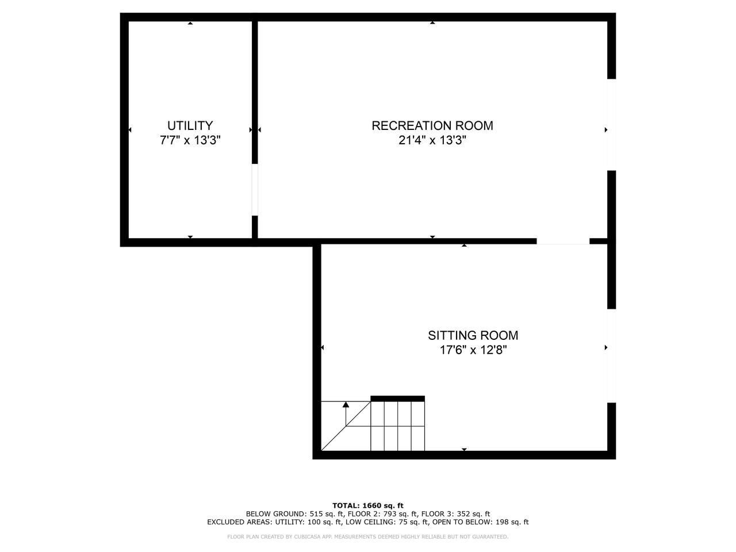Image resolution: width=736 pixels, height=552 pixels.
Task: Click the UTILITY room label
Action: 190,126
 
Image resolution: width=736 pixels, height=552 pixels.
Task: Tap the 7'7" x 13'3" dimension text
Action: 190,140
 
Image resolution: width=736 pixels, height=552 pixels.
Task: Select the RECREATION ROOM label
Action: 432,126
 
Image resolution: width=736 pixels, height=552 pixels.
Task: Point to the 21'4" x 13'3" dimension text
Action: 432,140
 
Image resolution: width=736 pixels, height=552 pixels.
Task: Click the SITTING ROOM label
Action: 473,335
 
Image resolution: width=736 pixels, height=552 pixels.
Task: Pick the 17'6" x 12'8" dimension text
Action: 473,350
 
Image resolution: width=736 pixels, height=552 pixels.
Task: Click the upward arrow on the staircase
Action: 346,414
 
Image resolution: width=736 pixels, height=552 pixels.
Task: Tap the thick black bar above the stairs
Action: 397,398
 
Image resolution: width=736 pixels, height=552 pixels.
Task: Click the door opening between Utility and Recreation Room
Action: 255,190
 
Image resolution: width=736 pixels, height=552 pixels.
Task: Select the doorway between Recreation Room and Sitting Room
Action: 563,241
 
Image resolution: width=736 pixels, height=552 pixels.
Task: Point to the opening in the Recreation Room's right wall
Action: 612,125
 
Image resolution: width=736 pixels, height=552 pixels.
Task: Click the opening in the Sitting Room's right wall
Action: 612,355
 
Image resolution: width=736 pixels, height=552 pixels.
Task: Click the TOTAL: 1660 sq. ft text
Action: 368,505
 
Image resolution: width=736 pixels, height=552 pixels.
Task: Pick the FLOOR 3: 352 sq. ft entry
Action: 455,514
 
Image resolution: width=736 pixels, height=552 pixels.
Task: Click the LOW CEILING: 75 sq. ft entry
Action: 386,522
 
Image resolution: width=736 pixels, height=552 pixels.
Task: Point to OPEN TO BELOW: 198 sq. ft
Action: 481,522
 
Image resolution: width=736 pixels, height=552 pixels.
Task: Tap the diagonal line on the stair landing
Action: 346,426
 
